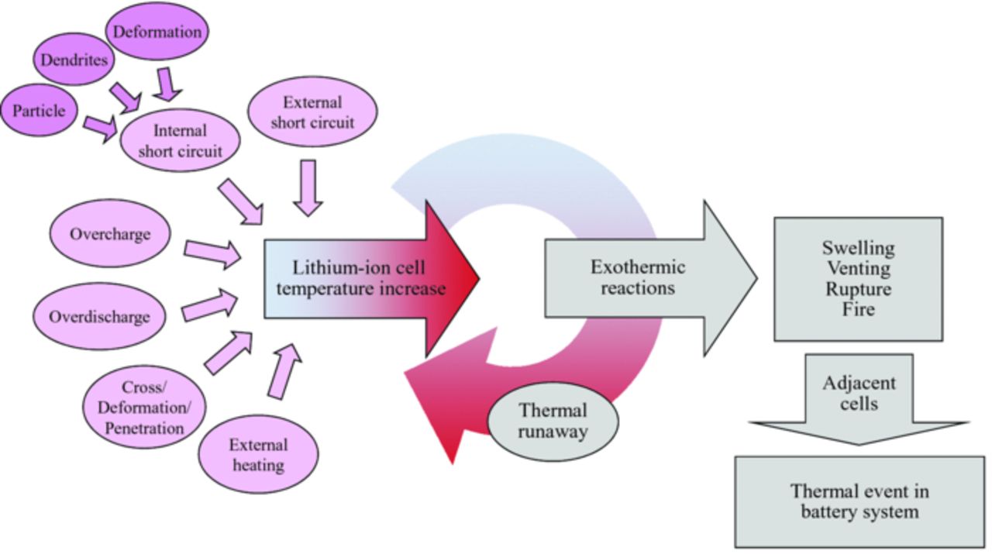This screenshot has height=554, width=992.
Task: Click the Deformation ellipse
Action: pos(157,33)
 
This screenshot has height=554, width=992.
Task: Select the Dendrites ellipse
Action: pos(74,60)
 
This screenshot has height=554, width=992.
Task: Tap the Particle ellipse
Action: pos(39,111)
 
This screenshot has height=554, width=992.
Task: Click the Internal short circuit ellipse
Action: pos(180,140)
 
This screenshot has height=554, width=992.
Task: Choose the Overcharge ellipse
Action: pos(110,234)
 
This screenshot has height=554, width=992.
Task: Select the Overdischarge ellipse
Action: pos(99,317)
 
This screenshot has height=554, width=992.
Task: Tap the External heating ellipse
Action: pos(258,455)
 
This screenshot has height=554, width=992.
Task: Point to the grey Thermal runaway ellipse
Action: pos(553,421)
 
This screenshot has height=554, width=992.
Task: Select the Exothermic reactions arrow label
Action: pos(638,277)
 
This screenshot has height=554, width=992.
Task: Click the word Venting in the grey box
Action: pos(858,269)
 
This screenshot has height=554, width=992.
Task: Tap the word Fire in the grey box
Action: pos(858,310)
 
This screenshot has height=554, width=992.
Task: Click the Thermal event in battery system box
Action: pos(859,502)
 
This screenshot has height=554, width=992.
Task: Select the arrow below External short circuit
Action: pos(308,187)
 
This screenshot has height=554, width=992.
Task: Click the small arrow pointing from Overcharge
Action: pos(212,253)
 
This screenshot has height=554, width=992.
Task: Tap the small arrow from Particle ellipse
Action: pos(100,127)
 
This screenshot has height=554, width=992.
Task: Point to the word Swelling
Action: pos(858,248)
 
